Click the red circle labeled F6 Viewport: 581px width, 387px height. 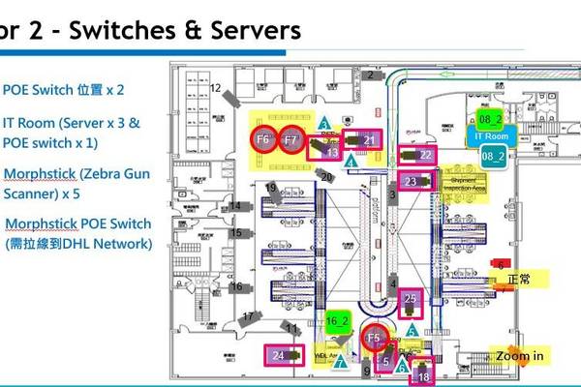point(263,139)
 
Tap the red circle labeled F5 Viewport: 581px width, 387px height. point(376,338)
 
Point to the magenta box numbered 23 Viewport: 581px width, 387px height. point(412,181)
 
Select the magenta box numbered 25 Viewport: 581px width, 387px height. point(411,301)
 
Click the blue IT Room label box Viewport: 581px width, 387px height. point(490,136)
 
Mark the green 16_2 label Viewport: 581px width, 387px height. point(338,320)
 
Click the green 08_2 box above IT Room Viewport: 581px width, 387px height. point(490,118)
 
